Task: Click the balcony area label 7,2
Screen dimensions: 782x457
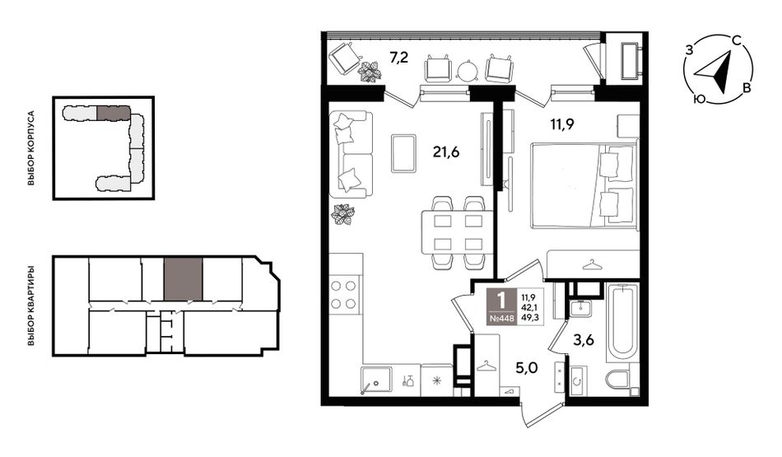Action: [399, 58]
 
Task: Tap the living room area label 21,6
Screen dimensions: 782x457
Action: [446, 152]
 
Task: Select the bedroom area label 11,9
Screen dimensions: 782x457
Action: [561, 124]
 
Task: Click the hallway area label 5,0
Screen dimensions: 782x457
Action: [527, 369]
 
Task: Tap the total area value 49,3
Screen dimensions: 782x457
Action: [529, 316]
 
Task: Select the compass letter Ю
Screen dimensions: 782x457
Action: [700, 100]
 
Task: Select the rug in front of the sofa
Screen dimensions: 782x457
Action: [403, 153]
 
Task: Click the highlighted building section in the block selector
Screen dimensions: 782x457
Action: [113, 112]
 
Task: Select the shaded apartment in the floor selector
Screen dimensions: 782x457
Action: [183, 279]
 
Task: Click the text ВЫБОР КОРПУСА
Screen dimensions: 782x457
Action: [31, 149]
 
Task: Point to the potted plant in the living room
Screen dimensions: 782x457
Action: [342, 215]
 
